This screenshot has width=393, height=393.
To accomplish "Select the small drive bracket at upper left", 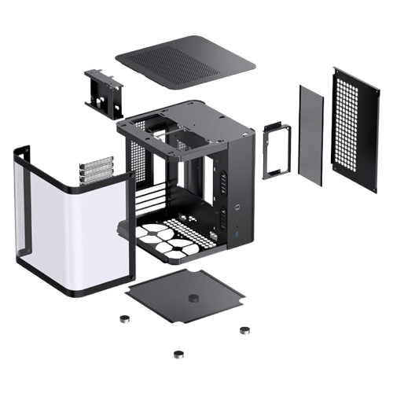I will tap(103, 88).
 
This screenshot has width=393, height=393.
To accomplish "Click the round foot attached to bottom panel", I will tap(193, 299).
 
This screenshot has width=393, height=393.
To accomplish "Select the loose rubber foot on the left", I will tap(123, 319).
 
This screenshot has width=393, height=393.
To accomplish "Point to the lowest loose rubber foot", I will tap(178, 354).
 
